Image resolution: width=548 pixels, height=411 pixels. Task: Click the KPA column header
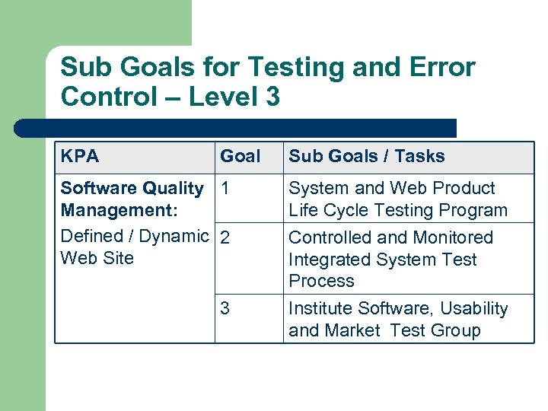coord(80,157)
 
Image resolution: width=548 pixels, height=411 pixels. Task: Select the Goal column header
coord(240,157)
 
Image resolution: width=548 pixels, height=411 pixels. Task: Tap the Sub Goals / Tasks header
coord(366,157)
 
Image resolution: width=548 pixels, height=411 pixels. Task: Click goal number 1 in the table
coord(225,188)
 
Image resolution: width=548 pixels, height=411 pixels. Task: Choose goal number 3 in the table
coord(225,308)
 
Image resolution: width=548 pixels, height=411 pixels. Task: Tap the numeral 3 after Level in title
coord(272,97)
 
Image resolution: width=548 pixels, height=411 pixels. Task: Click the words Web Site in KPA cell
coord(97,258)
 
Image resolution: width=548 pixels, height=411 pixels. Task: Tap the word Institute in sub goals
coord(320,308)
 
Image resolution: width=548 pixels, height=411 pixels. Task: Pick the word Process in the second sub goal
coord(321,281)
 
